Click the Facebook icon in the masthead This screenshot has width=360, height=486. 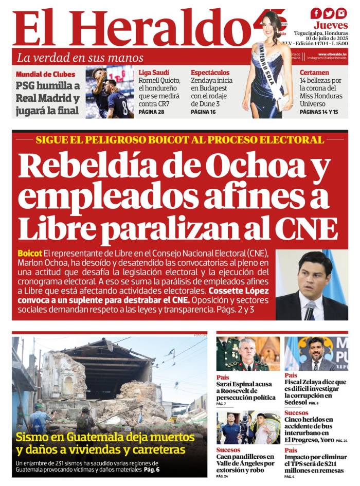point(316,13)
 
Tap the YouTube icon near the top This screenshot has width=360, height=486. point(341,13)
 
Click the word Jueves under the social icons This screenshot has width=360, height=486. point(331,25)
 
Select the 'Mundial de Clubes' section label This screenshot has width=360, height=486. point(45,74)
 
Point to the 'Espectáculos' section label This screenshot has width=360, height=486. point(210,73)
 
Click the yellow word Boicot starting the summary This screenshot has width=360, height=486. point(30,254)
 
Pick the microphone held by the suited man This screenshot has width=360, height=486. point(310,309)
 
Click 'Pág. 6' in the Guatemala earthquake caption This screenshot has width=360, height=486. point(152,470)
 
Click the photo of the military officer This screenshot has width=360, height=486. point(248,354)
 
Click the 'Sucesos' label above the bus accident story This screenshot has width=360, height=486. point(296,413)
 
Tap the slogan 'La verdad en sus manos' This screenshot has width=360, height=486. point(80,58)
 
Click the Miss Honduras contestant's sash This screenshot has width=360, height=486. point(272,71)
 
